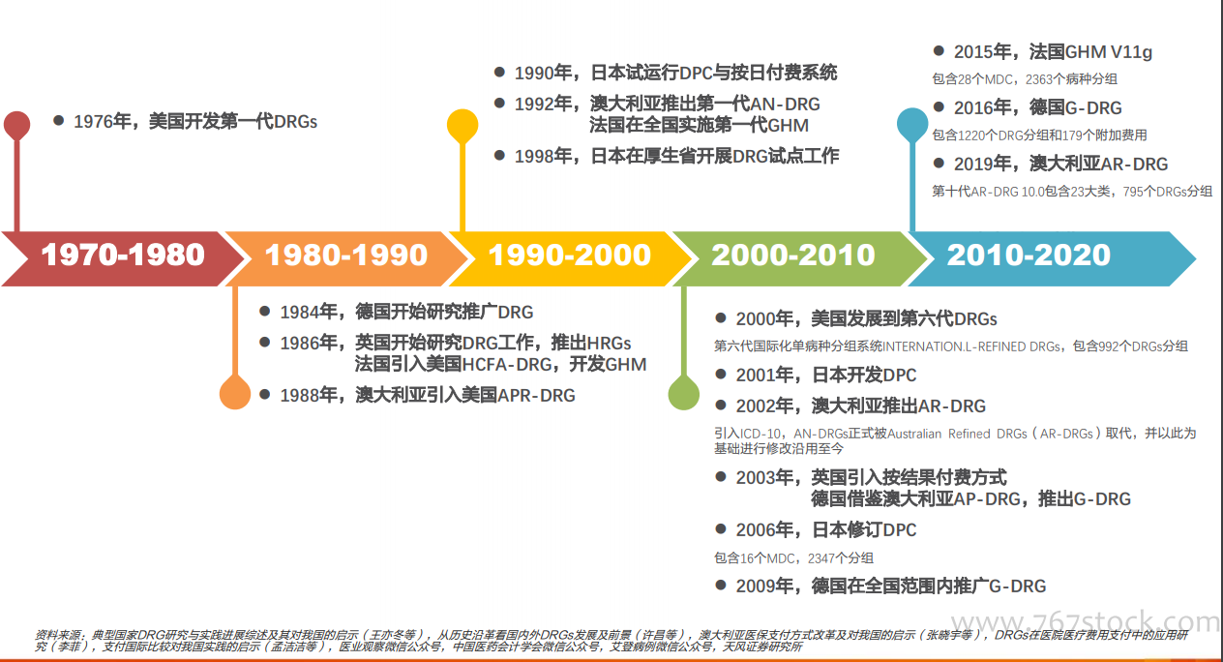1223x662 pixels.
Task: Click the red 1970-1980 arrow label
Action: point(123,256)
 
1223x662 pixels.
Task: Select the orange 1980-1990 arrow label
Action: point(346,256)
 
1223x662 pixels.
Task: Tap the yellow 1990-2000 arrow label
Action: point(570,256)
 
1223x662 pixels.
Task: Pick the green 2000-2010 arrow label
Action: point(792,256)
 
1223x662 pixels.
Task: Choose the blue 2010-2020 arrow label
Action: point(1029,256)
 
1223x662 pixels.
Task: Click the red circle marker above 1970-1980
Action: point(16,125)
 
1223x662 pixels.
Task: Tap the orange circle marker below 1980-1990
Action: point(235,393)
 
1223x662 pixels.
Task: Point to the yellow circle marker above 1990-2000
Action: point(462,125)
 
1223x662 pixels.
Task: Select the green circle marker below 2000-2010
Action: point(683,393)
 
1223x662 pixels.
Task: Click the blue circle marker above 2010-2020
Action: point(912,124)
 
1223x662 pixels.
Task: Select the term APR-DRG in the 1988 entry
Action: point(536,396)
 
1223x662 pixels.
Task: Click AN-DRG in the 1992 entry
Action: point(785,105)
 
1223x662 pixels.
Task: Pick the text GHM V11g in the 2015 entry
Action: point(1109,52)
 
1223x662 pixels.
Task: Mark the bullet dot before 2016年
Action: point(939,106)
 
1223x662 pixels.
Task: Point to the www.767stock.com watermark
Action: point(1086,622)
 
